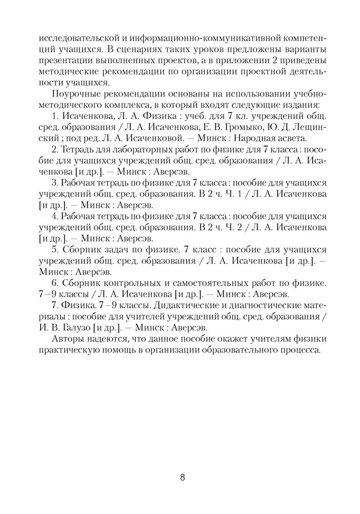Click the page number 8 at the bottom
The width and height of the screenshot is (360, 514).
coord(183,477)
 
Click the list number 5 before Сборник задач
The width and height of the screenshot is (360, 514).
coord(55,249)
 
